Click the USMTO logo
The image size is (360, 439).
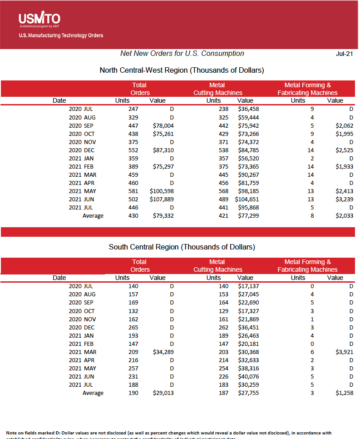click(39, 19)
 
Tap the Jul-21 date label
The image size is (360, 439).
click(344, 54)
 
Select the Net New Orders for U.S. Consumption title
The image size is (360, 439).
click(182, 54)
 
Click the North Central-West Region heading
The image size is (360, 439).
click(182, 70)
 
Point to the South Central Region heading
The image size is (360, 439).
click(182, 247)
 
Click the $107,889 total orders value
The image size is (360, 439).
click(162, 200)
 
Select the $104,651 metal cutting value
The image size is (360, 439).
click(247, 200)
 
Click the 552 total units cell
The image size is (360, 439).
click(133, 150)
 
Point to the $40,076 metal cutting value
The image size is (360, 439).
click(248, 376)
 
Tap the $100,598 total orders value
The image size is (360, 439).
click(162, 191)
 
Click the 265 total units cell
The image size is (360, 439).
click(133, 327)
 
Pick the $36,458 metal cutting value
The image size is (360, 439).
click(248, 109)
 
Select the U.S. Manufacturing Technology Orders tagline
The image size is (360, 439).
click(61, 35)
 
